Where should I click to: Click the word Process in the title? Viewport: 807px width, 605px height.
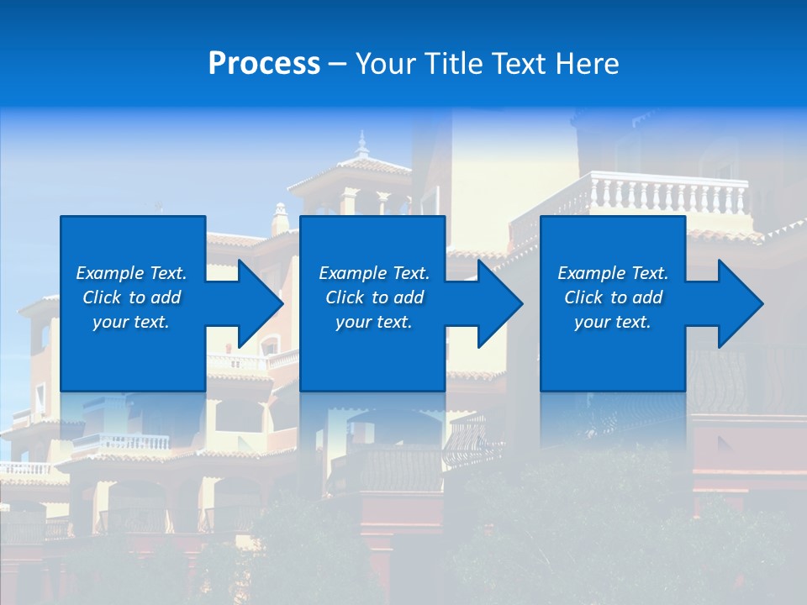(x=264, y=64)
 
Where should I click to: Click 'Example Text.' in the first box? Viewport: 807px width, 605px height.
(x=131, y=273)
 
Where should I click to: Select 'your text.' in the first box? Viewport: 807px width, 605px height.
(x=131, y=322)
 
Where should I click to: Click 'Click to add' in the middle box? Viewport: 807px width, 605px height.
(x=374, y=297)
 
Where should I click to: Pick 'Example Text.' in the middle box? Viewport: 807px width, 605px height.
(x=374, y=273)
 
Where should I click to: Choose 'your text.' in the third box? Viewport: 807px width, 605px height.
(x=613, y=322)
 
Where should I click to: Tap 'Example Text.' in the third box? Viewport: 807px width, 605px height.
(x=613, y=273)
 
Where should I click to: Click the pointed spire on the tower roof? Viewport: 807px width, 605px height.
(x=362, y=145)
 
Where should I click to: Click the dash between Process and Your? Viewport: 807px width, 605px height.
(x=337, y=64)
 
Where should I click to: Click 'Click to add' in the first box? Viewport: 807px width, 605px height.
(x=131, y=297)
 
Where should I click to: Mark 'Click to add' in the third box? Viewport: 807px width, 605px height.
(x=613, y=297)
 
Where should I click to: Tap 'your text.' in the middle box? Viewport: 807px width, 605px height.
(x=374, y=322)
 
